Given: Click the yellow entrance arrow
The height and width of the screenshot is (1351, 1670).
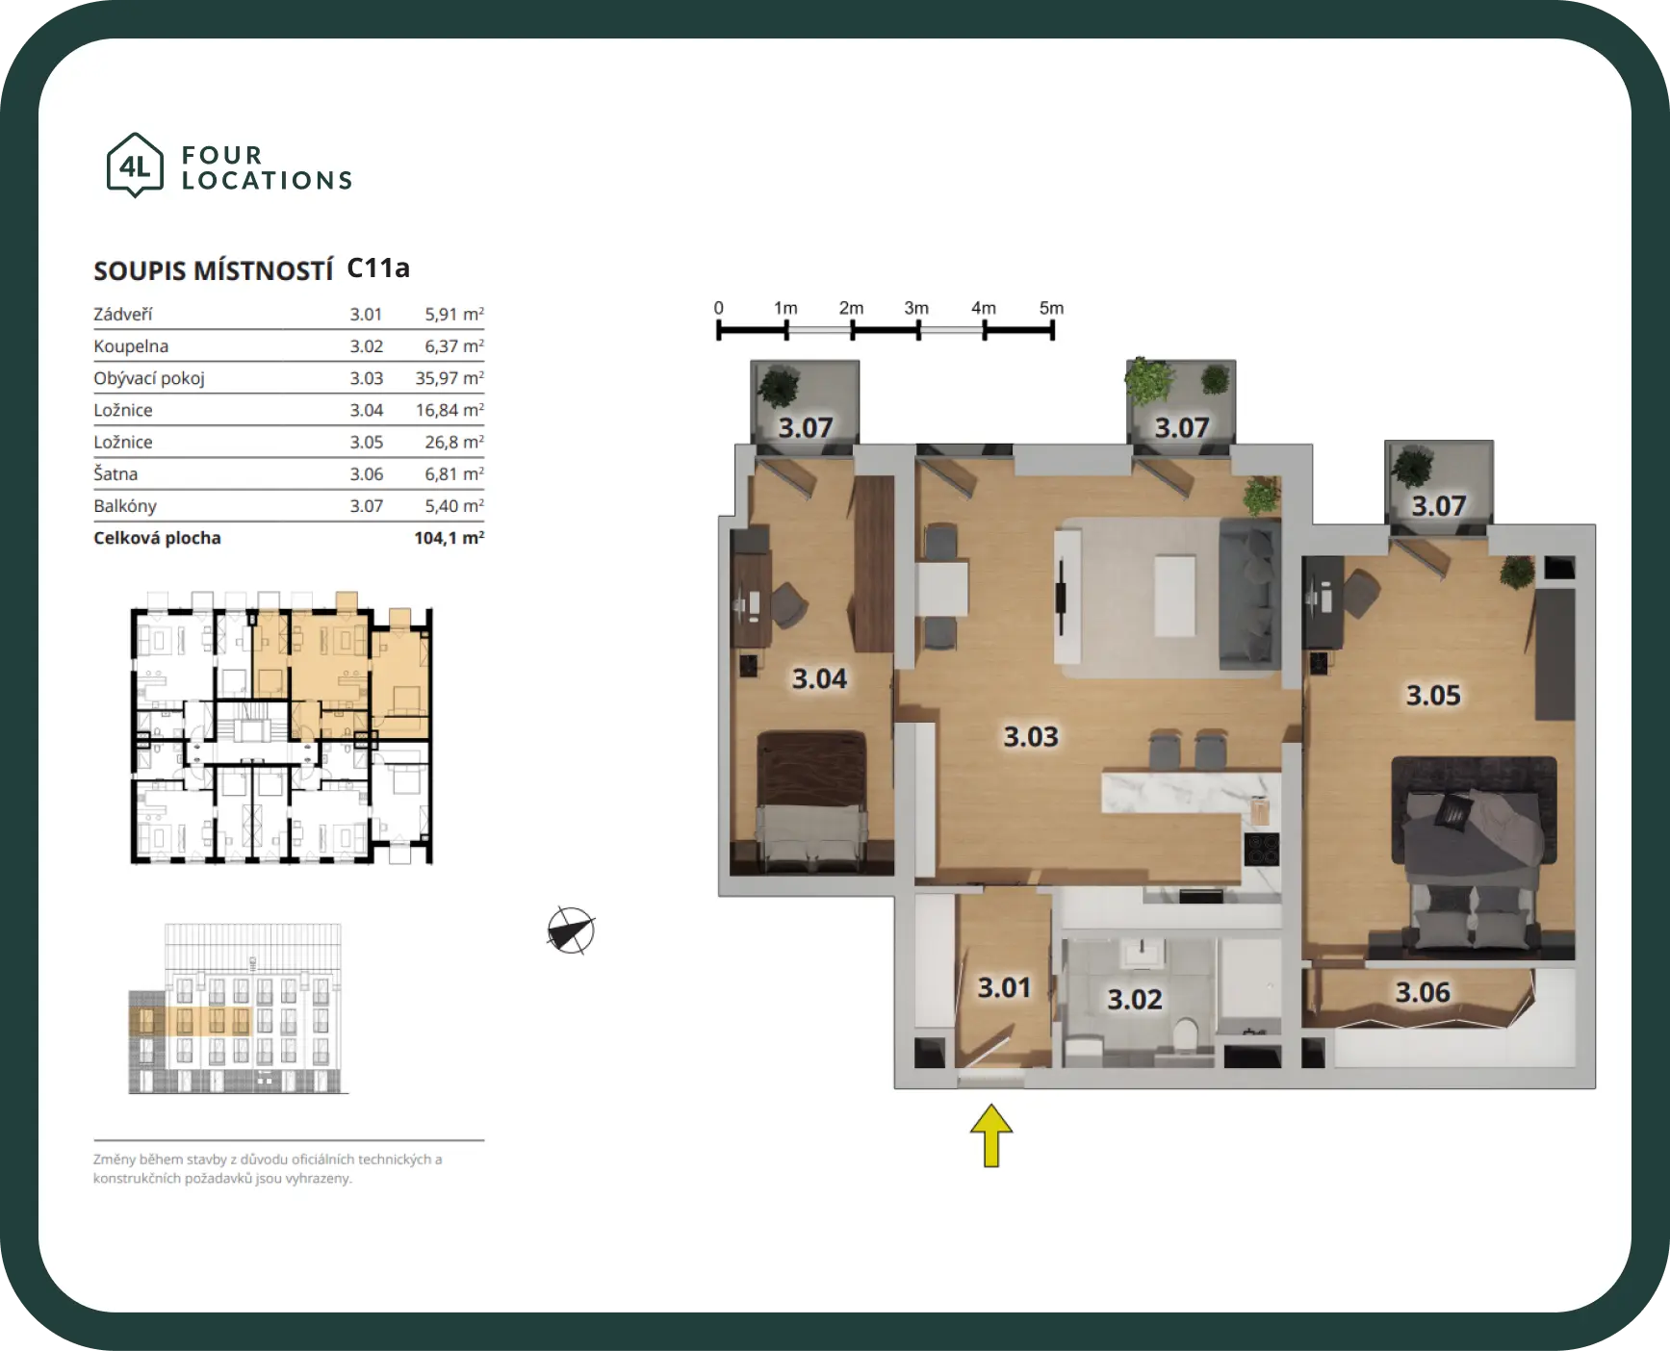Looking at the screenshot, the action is coord(990,1135).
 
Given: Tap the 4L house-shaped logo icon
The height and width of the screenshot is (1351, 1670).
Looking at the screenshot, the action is coord(134,166).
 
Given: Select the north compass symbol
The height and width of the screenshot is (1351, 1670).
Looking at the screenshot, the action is coord(571,930).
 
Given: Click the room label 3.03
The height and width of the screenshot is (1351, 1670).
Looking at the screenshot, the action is coord(1031,736).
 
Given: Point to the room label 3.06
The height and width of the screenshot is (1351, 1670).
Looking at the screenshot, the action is coord(1423,992).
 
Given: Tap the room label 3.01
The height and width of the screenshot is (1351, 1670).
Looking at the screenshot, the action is coord(1004,987).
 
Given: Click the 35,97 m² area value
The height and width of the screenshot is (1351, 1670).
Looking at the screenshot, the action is coord(450,378).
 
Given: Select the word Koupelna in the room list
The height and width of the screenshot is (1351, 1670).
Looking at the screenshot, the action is coord(131,346).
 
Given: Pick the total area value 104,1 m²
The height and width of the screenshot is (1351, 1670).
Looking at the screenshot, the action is coord(450,538).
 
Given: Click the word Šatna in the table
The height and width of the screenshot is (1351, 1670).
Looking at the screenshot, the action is coord(116,473).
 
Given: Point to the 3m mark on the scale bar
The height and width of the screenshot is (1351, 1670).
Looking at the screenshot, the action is coord(917,330).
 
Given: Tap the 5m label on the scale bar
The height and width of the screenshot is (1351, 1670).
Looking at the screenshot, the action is coord(1051,308).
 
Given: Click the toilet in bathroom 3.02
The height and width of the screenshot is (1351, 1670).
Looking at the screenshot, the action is coord(1187,1034).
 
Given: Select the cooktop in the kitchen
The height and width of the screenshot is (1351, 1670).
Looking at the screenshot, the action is coord(1262,849).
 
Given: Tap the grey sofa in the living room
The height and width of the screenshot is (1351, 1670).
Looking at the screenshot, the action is coord(1249,594).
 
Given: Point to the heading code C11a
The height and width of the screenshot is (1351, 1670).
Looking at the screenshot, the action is coord(378,268).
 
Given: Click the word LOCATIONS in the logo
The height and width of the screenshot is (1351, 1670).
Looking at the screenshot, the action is coord(267,181).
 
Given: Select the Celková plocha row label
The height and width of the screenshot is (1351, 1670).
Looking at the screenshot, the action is coord(157,538).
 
